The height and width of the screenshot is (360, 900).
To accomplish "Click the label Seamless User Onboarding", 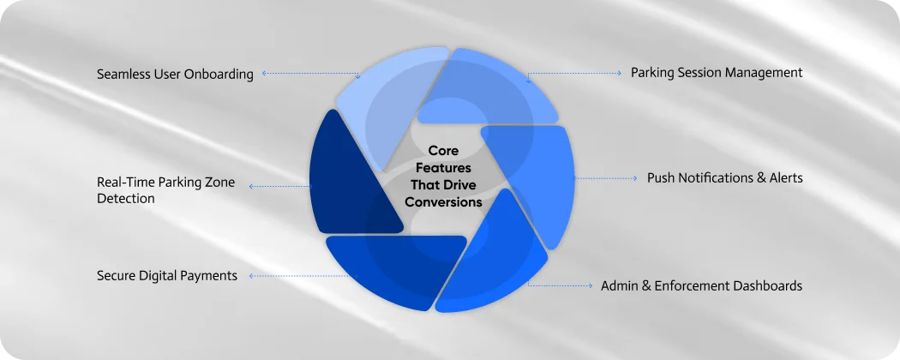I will coord(175,74).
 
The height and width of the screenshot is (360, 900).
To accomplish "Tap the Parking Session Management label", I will coord(717,73).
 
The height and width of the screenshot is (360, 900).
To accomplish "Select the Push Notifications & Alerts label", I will coord(724,178).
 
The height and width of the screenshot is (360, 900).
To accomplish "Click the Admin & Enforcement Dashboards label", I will coord(701,285).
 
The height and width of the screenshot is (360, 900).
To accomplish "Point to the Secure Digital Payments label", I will coord(166,276).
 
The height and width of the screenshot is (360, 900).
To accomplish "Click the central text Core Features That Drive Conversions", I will coord(443,177).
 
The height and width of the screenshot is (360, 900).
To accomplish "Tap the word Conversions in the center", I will coord(443,203).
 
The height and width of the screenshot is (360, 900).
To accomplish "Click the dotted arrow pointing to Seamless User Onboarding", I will coord(309,74).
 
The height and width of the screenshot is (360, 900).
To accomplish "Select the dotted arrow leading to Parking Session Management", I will coord(574,74).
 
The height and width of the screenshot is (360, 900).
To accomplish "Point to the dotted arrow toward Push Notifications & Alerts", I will coord(604,178).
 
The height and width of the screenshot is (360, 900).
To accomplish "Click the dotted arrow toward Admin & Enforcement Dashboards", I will coord(561,285).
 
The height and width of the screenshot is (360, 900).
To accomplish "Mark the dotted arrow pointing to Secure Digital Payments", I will coord(296,276).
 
